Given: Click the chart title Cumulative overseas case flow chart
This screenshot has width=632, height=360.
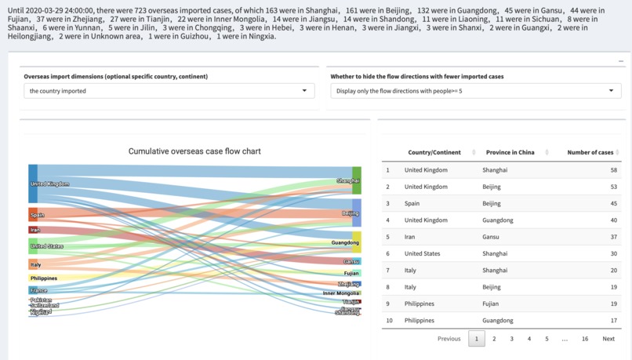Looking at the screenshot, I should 194,151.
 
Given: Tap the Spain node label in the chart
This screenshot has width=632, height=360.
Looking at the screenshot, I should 37,214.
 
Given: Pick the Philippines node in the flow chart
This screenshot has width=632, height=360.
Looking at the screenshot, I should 43,278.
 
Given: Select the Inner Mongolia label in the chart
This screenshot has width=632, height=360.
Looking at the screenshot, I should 341,293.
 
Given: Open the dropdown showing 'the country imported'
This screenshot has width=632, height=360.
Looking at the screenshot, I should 169,91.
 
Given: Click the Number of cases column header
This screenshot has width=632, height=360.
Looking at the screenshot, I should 590,152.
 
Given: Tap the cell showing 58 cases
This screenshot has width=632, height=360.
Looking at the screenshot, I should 613,170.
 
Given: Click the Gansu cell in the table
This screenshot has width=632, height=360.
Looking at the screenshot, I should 492,237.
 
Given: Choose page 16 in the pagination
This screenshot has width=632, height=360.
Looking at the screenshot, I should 585,339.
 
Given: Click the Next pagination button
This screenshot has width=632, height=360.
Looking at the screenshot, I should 608,339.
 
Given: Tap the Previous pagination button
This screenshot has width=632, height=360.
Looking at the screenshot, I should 449,339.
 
